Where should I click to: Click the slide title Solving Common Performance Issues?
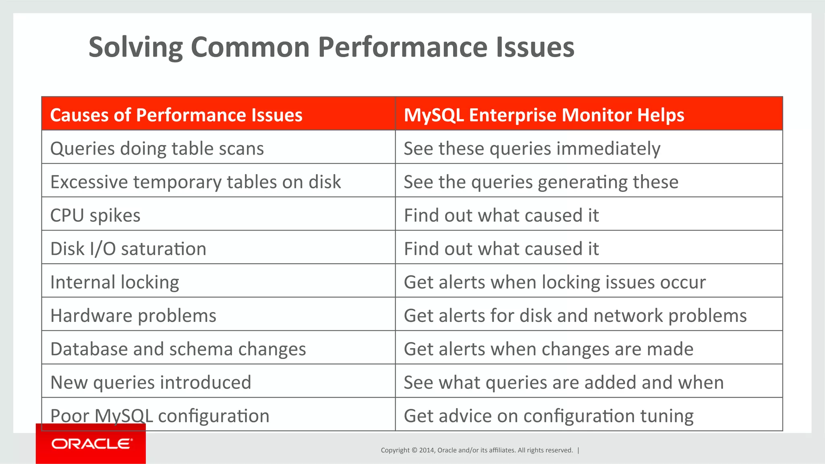point(331,47)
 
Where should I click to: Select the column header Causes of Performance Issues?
point(176,115)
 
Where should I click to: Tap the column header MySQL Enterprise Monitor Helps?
point(544,115)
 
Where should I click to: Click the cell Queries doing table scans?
point(157,148)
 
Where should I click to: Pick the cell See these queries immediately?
point(532,148)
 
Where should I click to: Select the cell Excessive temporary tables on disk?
point(195,182)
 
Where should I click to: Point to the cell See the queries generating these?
point(541,182)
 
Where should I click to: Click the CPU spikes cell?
point(95,215)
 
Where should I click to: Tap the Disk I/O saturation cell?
point(128,249)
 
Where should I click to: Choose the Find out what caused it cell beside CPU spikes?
point(501,215)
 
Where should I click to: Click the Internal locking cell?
point(115,282)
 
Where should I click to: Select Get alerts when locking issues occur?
point(554,282)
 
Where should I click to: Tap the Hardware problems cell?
point(133,316)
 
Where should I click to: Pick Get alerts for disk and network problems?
point(575,316)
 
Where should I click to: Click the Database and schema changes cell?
point(178,349)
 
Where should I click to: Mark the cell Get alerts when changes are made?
point(548,349)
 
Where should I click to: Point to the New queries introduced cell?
point(151,382)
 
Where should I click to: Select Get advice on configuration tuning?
point(548,416)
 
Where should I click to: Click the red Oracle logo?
point(91,444)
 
